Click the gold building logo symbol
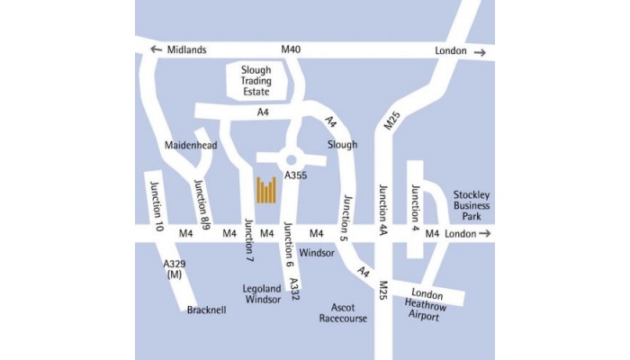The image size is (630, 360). pyautogui.click(x=266, y=190)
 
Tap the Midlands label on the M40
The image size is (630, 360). pyautogui.click(x=187, y=50)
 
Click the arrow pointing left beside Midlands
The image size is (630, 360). pyautogui.click(x=157, y=50)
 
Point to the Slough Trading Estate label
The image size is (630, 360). pyautogui.click(x=261, y=79)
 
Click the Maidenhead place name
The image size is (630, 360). pyautogui.click(x=192, y=144)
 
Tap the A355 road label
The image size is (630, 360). pyautogui.click(x=296, y=175)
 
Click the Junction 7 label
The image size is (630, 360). pyautogui.click(x=249, y=240)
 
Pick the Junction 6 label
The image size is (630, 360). pyautogui.click(x=288, y=245)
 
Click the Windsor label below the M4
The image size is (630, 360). pyautogui.click(x=317, y=253)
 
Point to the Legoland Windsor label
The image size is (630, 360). pyautogui.click(x=262, y=294)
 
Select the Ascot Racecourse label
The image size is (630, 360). pyautogui.click(x=343, y=312)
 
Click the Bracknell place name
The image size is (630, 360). pyautogui.click(x=207, y=310)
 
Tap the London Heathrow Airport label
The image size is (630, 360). pyautogui.click(x=427, y=306)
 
